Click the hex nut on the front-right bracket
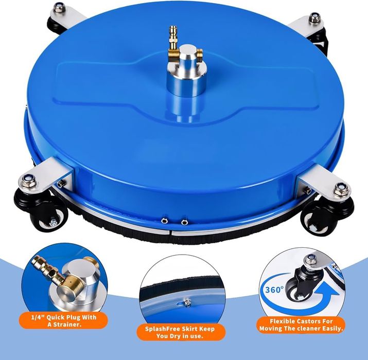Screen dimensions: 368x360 341,189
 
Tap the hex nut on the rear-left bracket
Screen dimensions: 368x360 59,8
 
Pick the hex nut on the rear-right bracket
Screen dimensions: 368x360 314,18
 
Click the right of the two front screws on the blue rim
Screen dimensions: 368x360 184,221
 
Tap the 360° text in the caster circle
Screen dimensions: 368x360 275,290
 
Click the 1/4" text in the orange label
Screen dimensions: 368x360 38,317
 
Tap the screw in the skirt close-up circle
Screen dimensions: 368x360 187,303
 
